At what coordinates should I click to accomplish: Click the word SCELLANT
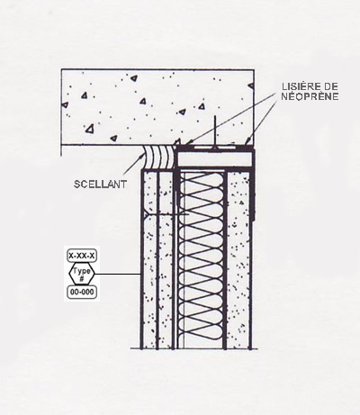(100, 184)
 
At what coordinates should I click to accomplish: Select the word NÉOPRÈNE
(310, 96)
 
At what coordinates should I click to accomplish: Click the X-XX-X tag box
(82, 256)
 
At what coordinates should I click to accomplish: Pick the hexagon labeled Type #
(82, 274)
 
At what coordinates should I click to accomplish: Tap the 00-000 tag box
(82, 292)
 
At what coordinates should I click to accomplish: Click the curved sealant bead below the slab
(158, 157)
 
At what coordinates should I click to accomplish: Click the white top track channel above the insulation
(214, 158)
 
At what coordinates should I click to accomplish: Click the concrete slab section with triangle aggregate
(157, 107)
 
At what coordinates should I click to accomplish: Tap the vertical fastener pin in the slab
(214, 131)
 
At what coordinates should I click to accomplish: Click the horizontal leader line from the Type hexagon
(118, 274)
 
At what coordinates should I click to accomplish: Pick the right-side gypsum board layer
(238, 259)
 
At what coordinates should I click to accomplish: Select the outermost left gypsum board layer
(149, 259)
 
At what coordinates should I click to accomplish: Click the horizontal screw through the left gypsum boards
(166, 214)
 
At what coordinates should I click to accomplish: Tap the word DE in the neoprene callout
(330, 86)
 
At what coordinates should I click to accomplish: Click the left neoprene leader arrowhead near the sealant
(188, 141)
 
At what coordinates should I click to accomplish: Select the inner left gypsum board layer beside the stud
(166, 259)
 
